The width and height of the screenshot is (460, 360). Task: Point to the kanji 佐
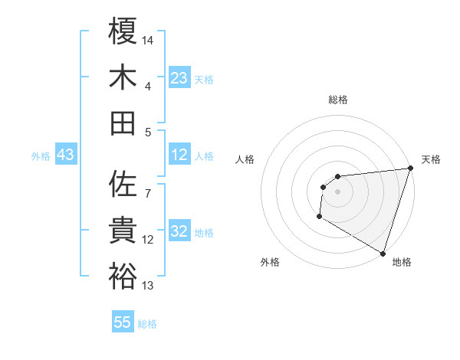coord(123,184)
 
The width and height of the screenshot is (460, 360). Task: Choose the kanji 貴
coord(123,230)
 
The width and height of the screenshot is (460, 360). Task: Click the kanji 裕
coord(123,276)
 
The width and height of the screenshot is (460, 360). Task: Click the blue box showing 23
coord(179,77)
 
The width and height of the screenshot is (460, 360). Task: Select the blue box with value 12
coord(179,155)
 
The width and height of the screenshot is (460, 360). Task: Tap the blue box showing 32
coord(179,231)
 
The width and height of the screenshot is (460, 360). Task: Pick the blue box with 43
coord(65,155)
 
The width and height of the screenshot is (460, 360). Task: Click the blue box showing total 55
coord(123,322)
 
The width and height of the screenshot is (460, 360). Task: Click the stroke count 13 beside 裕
coord(148,286)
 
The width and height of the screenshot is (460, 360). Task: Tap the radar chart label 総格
coord(337,100)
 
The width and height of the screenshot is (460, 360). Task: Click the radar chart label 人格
coord(245,159)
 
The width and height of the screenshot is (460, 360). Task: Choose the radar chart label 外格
coord(270,262)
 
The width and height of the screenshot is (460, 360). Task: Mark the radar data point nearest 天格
coord(411,169)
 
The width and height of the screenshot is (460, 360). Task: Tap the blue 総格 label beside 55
coord(147,323)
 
